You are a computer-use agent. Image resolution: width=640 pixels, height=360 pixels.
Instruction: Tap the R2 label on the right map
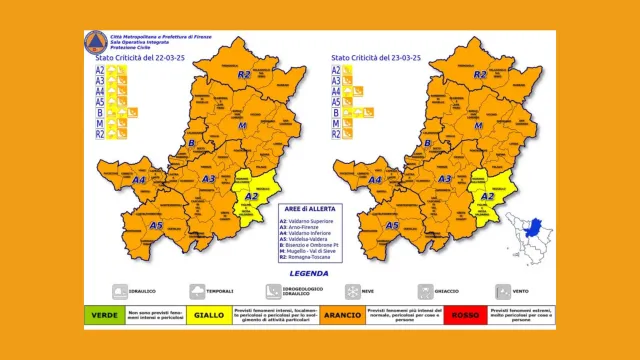(x=482, y=75)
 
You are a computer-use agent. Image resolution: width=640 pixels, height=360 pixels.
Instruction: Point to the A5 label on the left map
(x=157, y=226)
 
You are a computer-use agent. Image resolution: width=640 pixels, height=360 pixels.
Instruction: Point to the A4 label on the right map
(x=378, y=181)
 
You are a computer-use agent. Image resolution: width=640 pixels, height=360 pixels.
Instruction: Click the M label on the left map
(x=241, y=127)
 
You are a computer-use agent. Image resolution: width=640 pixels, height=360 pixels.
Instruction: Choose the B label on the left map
(x=190, y=143)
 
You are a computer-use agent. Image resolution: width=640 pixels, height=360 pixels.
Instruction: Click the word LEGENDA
(x=307, y=271)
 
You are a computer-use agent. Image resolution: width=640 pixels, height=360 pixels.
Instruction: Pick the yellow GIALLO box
(x=208, y=314)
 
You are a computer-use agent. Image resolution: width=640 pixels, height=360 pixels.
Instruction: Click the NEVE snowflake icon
(x=353, y=292)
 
